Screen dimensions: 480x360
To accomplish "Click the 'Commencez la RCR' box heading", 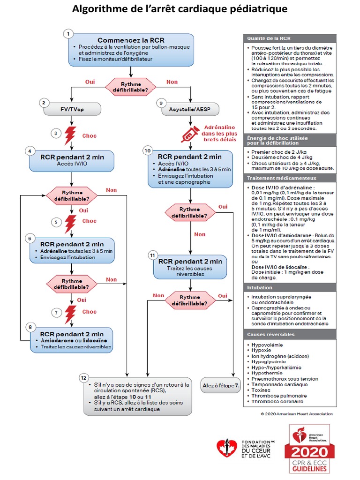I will tap(131, 40).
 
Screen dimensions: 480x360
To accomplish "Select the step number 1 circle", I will tap(69, 34).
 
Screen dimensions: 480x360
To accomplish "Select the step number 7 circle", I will tap(56, 312).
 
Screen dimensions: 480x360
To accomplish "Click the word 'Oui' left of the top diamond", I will tap(90, 82).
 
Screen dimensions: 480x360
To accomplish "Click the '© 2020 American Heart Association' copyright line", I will tap(297, 414).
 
